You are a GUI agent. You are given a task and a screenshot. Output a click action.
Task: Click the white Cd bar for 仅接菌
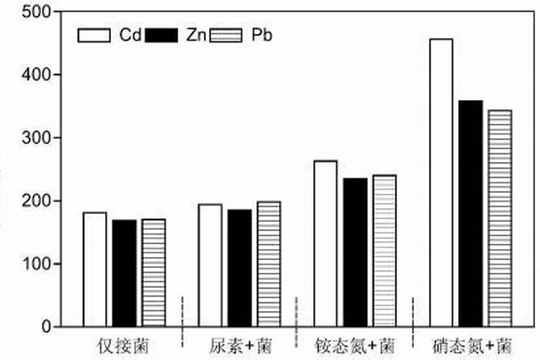click(94, 269)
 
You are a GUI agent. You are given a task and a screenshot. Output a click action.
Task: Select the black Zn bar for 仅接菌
click(124, 273)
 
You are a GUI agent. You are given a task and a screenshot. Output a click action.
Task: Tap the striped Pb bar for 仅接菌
click(153, 273)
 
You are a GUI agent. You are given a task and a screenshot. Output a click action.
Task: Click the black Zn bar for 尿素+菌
click(239, 268)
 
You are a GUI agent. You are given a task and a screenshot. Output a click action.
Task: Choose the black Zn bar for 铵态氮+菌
click(354, 252)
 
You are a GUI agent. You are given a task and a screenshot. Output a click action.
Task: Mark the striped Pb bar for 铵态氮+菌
click(384, 251)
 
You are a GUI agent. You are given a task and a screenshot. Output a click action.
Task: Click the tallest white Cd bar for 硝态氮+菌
click(441, 183)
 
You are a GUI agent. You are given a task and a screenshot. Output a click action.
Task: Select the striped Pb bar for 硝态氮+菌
click(499, 218)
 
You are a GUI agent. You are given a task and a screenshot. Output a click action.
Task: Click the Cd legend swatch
click(94, 35)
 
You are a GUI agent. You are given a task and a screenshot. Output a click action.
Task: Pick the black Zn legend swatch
click(161, 35)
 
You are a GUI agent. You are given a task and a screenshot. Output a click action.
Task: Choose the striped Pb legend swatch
click(225, 35)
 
